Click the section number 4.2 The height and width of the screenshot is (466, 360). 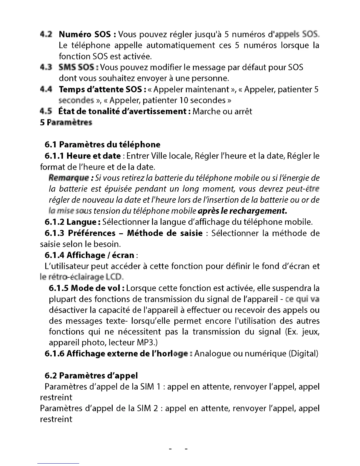[46, 34]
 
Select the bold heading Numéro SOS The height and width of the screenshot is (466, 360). [85, 34]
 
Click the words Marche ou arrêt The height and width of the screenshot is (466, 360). [222, 111]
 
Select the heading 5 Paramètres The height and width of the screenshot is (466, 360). [66, 122]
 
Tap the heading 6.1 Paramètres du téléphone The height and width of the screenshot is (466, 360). [102, 144]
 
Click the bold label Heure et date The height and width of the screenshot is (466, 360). [94, 156]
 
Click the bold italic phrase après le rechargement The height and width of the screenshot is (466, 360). [242, 211]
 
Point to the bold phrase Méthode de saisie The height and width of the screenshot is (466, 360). [165, 233]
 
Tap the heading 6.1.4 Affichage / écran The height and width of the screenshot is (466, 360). [89, 255]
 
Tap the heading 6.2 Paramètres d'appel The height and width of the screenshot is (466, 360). [91, 375]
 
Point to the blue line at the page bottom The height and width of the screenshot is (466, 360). [58, 463]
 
